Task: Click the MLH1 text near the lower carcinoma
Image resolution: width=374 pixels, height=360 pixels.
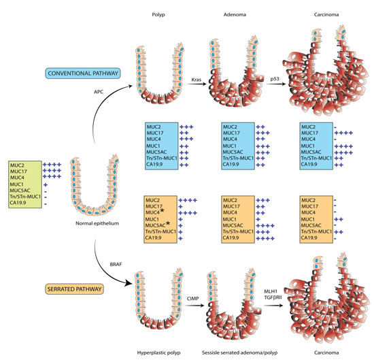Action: [279, 292]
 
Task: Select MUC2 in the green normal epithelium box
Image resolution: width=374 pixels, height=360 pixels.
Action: [18, 165]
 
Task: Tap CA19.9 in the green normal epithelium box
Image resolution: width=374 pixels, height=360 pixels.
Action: [20, 203]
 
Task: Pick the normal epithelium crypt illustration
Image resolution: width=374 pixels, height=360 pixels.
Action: [99, 184]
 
